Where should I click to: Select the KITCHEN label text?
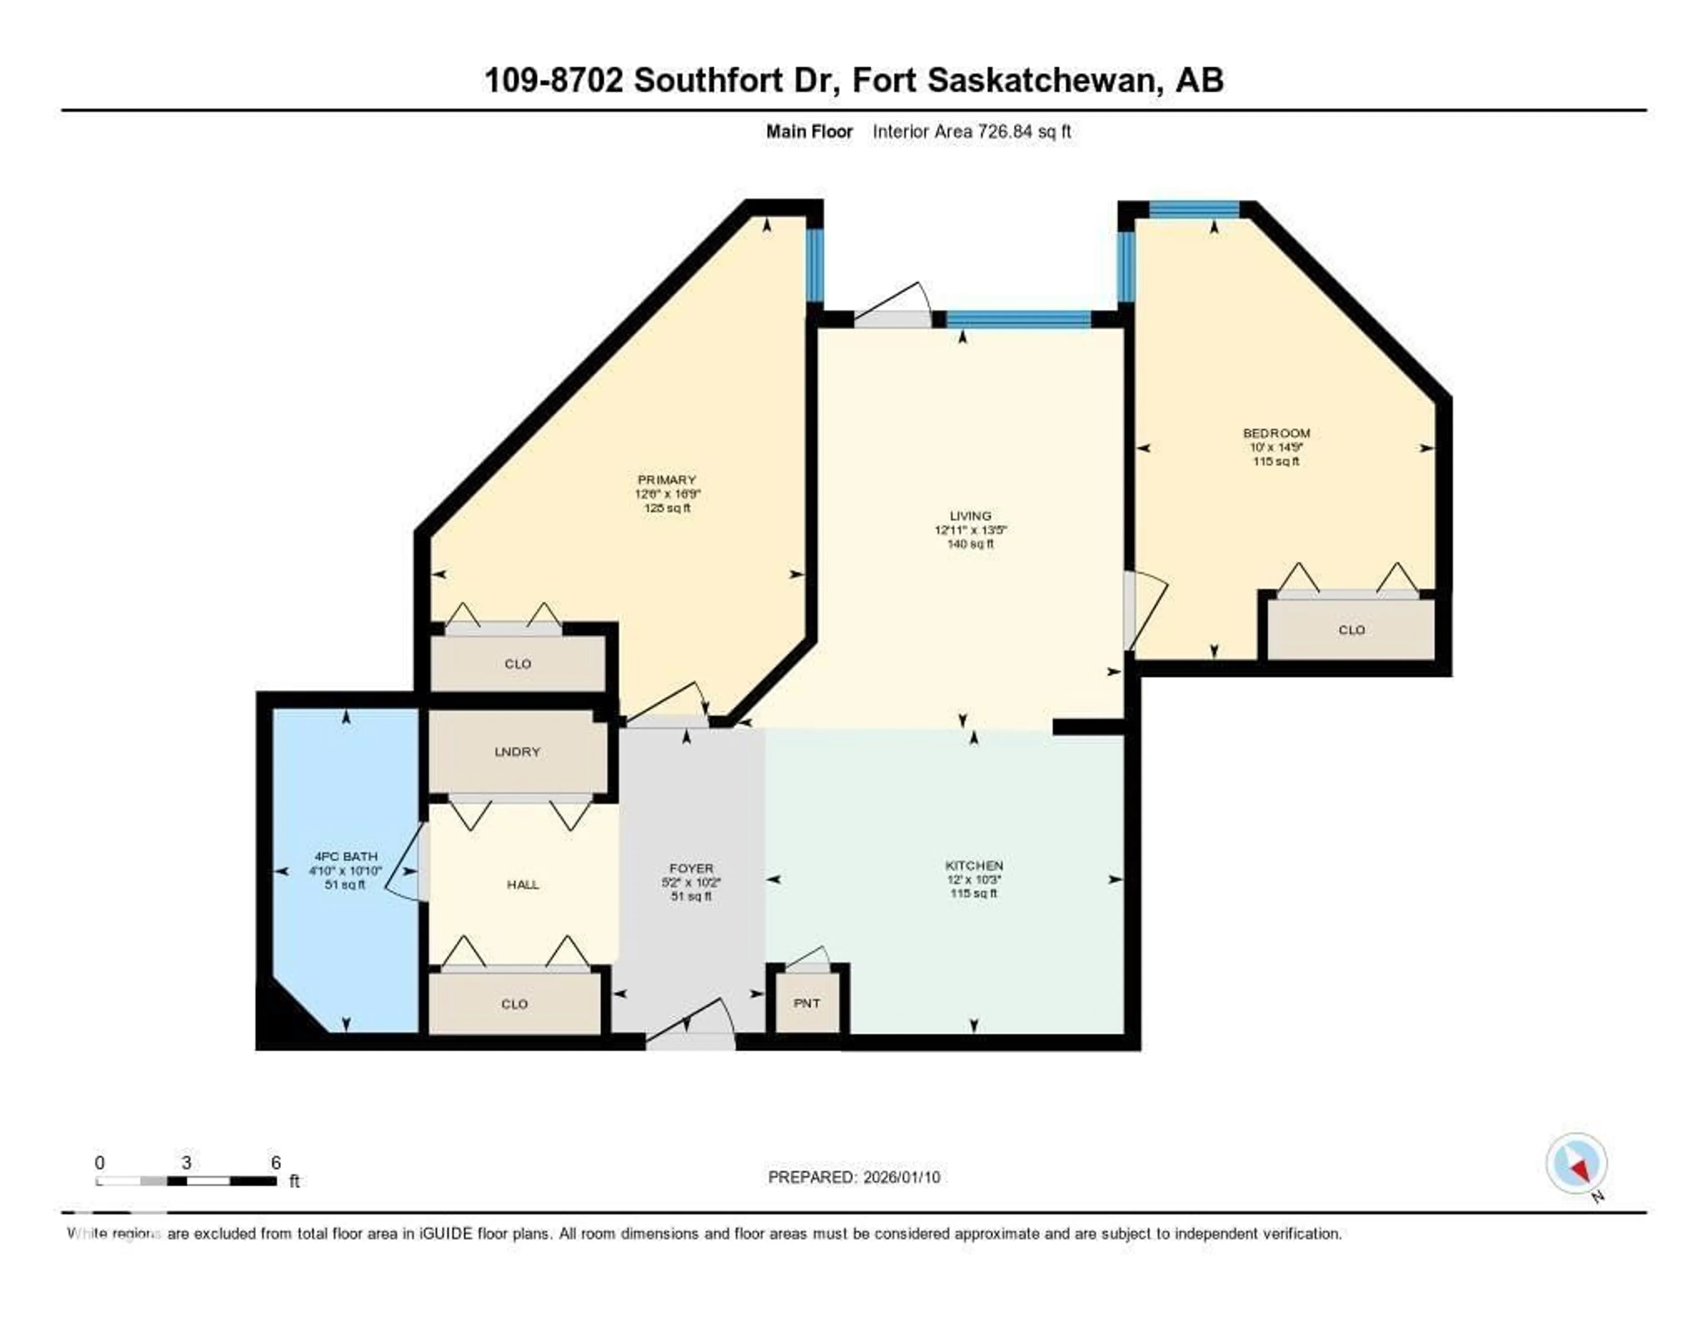[974, 865]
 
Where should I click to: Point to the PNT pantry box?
[807, 1004]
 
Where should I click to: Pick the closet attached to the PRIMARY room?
[518, 664]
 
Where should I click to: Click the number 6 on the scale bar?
[275, 1162]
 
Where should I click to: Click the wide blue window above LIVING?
[1018, 319]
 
